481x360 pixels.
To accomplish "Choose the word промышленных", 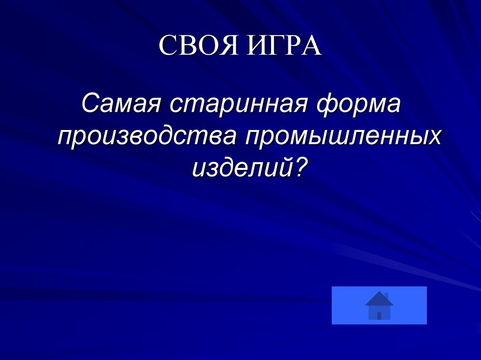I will pos(343,136).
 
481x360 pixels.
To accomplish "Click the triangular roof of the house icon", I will pos(379,299).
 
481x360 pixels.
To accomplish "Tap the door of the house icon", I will pos(379,315).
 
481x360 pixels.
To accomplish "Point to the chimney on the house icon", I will pos(387,295).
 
